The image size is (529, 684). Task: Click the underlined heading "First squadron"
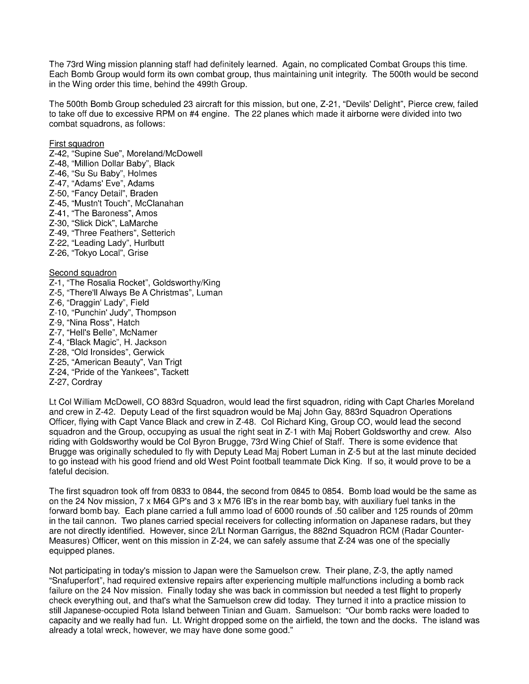76,144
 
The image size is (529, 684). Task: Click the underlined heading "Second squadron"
83,273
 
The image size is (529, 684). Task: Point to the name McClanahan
159,204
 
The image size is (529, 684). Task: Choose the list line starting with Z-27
75,382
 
